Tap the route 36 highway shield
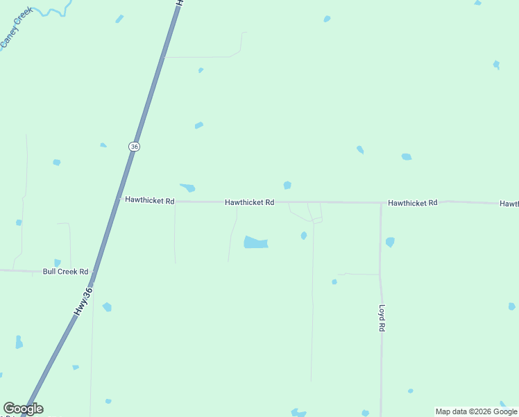click(134, 147)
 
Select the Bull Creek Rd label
click(66, 272)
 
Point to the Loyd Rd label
click(382, 317)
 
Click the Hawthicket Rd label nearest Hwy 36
click(150, 201)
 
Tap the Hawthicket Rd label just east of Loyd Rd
click(413, 203)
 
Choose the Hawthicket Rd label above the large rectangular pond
click(249, 202)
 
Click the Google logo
click(23, 409)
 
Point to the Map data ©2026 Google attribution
click(477, 411)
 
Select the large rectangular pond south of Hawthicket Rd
click(255, 243)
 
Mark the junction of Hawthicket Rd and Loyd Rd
click(381, 204)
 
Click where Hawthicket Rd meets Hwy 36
click(120, 200)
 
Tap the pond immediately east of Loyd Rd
click(390, 242)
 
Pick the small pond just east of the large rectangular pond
click(304, 236)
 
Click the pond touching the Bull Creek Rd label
click(58, 263)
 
